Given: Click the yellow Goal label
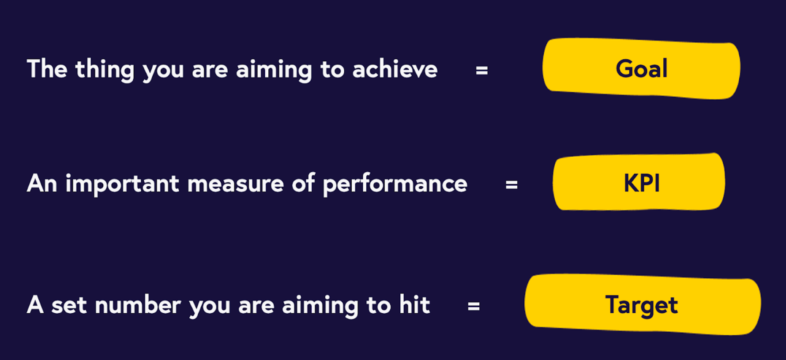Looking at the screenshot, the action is pos(641,68).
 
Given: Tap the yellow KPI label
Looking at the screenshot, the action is pos(639,182).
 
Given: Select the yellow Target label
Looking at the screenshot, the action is pos(643,304).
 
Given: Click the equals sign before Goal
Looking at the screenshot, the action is pos(482,70).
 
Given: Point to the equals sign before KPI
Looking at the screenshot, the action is pos(511,184).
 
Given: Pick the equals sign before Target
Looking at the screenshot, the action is pos(474,306).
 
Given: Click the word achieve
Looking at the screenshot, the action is pos(395,69).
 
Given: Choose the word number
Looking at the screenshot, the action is pos(138,305).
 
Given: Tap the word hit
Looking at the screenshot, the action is pos(414,304).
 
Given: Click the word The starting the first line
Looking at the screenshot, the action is pos(47,69).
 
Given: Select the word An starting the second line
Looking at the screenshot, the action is pos(42,183).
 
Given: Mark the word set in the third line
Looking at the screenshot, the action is pos(69,306).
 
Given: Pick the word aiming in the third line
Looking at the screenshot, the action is pos(320,306).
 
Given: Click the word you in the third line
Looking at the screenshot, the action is pos(210,307).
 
